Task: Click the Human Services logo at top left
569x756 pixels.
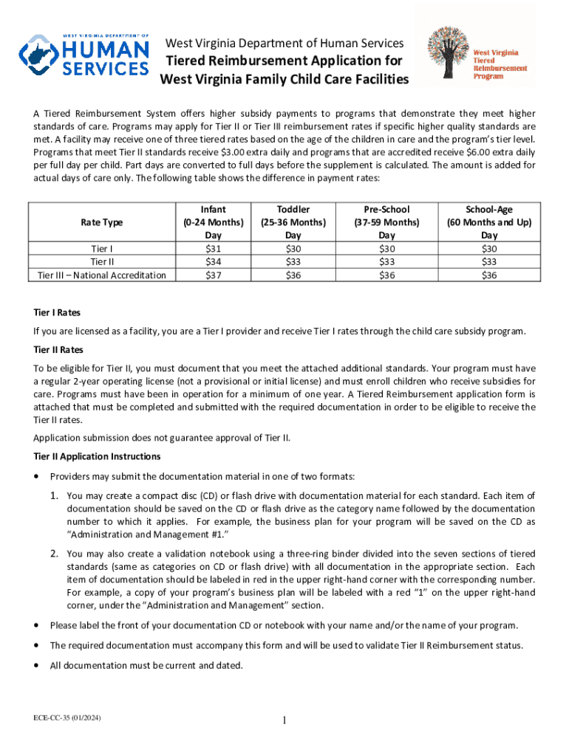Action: [84, 54]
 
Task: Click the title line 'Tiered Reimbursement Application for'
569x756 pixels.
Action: [284, 61]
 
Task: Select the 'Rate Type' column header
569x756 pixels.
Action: [102, 222]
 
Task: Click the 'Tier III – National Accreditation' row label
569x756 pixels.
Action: [102, 275]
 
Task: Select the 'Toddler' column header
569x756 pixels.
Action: [293, 210]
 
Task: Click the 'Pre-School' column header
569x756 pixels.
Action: [386, 210]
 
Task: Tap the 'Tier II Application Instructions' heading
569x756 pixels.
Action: [97, 456]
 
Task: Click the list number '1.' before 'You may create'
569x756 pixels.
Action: [55, 495]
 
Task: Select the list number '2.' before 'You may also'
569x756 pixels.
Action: [55, 553]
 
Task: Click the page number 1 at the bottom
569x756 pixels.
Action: [284, 721]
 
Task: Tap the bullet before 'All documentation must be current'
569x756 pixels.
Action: [37, 664]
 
